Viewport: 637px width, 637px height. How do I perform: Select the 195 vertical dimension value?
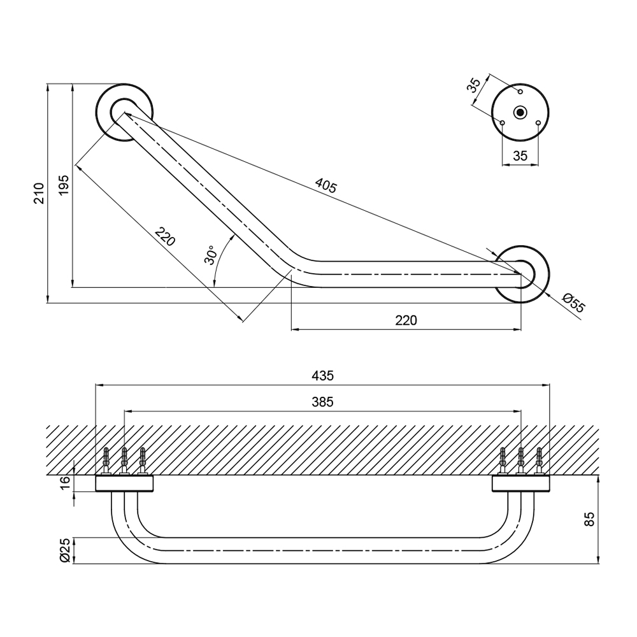pos(64,185)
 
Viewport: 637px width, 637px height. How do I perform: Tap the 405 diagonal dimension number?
pos(326,185)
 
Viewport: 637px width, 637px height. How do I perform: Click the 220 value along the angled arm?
pos(164,237)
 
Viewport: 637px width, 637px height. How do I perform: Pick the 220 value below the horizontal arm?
pos(406,320)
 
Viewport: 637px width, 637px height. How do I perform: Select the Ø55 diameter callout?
pos(573,303)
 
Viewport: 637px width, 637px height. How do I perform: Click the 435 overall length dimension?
pos(323,376)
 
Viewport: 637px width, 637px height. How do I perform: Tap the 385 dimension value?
pos(323,402)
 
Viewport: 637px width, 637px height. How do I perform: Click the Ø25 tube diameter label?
pos(64,550)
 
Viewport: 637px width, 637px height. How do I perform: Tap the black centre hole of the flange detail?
pos(520,113)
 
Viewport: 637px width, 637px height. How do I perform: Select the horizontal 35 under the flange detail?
pos(520,155)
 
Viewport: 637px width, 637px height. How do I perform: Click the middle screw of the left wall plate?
pos(124,460)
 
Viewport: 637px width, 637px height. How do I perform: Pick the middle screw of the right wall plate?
pos(521,460)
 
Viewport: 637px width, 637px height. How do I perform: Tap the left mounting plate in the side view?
pos(125,483)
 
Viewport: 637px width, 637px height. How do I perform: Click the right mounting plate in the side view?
pos(520,483)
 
